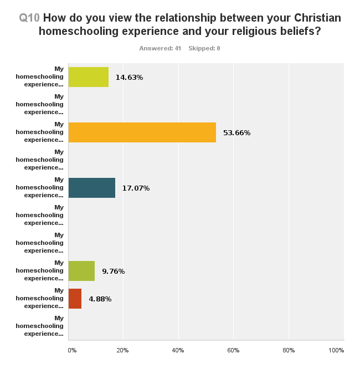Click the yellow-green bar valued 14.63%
coord(88,77)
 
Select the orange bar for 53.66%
coord(142,132)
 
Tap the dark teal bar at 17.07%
coord(91,188)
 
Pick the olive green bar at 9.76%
coord(81,271)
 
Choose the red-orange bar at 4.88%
coord(75,299)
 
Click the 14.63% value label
coord(129,78)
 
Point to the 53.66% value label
coord(236,133)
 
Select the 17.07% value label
coord(136,188)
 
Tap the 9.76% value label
coord(113,272)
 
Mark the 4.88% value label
coord(100,299)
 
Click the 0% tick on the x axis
coord(72,350)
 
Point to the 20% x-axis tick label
coord(122,350)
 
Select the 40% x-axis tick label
coord(178,350)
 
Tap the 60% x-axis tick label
coord(233,350)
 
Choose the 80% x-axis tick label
coord(288,350)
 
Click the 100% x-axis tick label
coord(336,350)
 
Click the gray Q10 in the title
coord(29,18)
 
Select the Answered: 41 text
coord(160,48)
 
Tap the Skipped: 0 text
coord(204,48)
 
